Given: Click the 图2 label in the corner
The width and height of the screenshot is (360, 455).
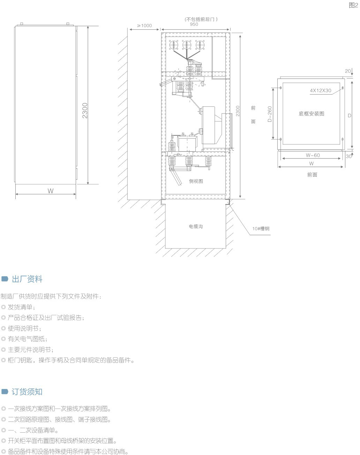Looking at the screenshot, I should tap(353, 5).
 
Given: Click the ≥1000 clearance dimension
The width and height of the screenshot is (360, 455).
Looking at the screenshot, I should tap(144, 25).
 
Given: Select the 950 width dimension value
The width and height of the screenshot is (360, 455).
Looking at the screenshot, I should tap(194, 24).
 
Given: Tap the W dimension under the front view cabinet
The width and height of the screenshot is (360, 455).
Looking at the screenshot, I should tap(51, 191).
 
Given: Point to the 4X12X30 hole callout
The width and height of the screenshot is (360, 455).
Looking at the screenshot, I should tap(321, 90).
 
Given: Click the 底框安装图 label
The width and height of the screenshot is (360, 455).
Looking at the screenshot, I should tap(311, 114).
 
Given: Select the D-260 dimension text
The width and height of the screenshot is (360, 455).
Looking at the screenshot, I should tap(270, 114).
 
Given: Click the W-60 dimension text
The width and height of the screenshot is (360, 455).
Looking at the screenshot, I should tap(313, 155).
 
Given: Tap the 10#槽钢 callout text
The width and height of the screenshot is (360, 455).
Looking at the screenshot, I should tap(261, 229).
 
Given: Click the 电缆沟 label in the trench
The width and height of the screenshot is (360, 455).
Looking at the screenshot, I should tap(196, 226).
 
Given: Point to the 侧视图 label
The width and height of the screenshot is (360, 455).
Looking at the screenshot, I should tap(196, 181).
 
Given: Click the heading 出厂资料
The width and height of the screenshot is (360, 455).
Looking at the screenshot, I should tap(27, 279).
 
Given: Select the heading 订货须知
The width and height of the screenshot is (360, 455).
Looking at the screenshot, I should tap(27, 392).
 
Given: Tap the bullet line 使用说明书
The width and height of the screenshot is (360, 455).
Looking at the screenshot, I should tap(23, 328).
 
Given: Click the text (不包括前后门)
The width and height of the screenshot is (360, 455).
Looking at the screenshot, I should tap(201, 19).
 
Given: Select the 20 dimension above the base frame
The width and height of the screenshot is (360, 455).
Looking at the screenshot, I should tap(348, 71).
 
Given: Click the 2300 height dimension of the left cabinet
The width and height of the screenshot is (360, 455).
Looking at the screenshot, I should tap(85, 110).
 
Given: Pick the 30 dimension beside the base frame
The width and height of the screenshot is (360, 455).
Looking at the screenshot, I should tap(349, 156).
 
